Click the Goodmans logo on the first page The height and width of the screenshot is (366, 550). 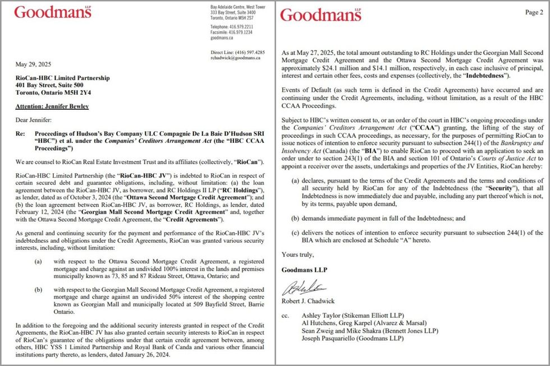(53, 12)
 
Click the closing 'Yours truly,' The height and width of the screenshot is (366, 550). (298, 254)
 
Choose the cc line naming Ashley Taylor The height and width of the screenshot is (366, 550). (351, 316)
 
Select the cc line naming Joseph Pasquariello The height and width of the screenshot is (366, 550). (352, 338)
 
